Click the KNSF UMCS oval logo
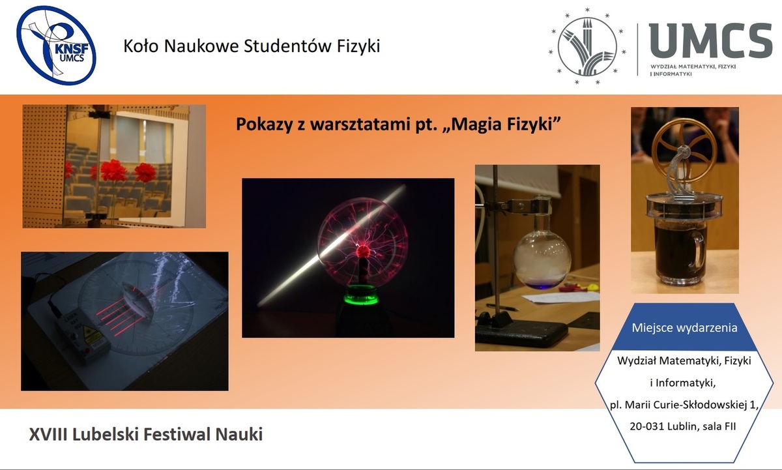[56, 46]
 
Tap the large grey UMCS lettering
[711, 40]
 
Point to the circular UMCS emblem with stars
[587, 47]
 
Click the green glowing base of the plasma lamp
[362, 295]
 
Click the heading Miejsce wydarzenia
[684, 328]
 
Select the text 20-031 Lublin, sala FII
[683, 426]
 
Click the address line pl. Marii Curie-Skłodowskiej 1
[684, 405]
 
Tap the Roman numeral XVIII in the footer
[49, 434]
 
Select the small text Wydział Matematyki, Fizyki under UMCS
[693, 66]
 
